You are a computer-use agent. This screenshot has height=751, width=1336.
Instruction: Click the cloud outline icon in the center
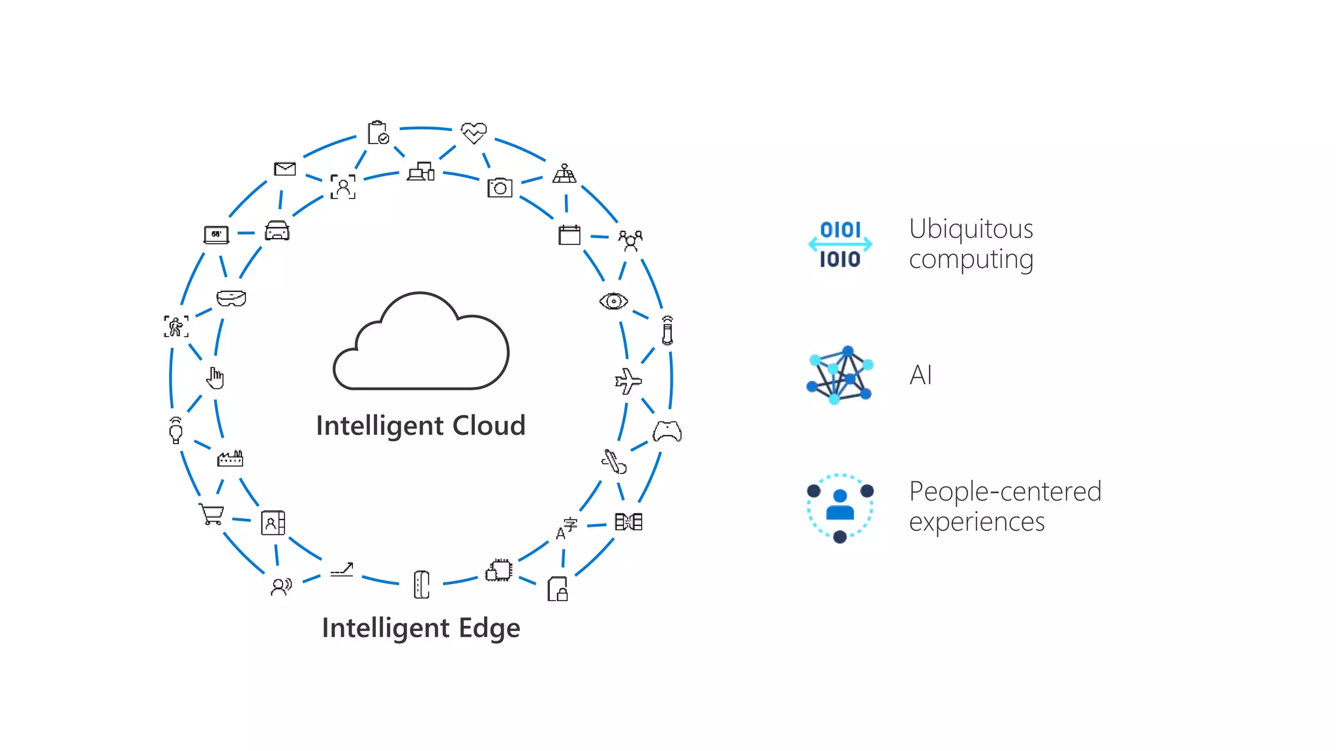tap(421, 342)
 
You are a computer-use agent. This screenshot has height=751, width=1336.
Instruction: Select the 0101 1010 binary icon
tap(840, 244)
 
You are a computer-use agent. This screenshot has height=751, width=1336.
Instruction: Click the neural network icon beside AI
tap(840, 375)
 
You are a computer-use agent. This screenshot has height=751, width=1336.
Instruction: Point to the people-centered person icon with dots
tap(840, 508)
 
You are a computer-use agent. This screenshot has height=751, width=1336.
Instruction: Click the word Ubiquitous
tap(971, 229)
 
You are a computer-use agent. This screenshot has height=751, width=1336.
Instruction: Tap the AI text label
tap(920, 375)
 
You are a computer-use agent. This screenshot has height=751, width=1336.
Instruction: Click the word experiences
tap(977, 522)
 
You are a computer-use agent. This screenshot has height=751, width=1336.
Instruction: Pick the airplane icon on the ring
tap(628, 381)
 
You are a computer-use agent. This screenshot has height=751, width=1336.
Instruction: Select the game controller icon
tap(667, 432)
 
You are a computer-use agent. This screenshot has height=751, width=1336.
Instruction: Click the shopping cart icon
tap(212, 514)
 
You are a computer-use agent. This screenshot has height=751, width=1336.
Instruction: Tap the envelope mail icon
tap(285, 169)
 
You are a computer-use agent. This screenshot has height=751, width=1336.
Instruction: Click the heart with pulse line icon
tap(474, 132)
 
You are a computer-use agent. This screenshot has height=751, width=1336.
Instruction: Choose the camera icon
tap(500, 188)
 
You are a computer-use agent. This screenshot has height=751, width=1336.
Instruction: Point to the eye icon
tap(613, 301)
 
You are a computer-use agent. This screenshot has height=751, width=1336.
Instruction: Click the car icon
tap(277, 231)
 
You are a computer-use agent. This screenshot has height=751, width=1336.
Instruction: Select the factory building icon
tap(230, 459)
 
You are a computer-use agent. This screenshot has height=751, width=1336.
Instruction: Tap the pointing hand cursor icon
tap(215, 377)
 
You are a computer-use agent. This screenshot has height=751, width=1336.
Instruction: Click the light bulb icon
tap(175, 431)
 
